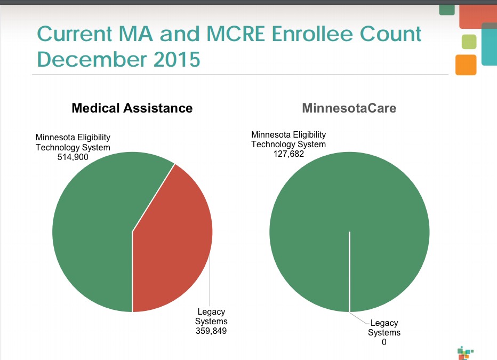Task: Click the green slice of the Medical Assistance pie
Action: (91, 229)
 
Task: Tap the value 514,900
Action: (73, 157)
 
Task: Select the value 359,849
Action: (211, 331)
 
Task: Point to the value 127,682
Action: (288, 154)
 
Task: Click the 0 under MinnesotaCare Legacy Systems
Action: (384, 342)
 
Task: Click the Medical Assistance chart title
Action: (132, 108)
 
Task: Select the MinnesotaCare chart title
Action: (349, 108)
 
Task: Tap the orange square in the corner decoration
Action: (466, 65)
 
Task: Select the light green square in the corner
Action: (469, 42)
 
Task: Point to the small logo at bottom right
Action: (465, 353)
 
